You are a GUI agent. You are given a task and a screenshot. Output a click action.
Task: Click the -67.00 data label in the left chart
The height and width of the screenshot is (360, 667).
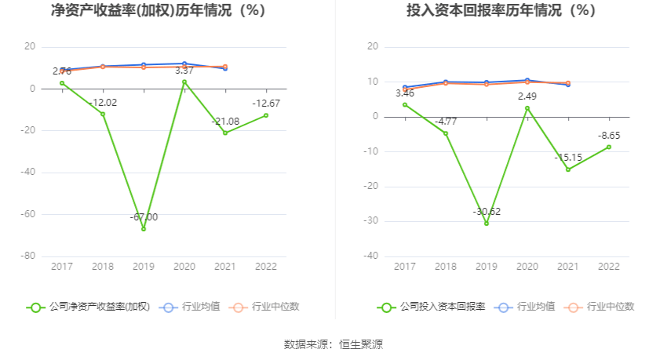pos(144,217)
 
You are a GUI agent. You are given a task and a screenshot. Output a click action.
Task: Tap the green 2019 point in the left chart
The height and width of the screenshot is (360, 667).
pos(144,228)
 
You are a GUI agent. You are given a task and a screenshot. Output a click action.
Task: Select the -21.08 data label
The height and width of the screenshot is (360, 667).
pos(225,121)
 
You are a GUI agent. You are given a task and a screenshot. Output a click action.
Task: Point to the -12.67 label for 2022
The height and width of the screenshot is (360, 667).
pos(266,104)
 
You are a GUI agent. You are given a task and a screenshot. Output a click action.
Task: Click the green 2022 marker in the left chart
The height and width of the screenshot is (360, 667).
pos(266,115)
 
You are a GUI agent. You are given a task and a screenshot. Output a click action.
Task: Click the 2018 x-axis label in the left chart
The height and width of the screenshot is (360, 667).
pos(103,267)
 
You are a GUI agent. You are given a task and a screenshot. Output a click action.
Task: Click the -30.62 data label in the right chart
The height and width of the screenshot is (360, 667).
pos(487,212)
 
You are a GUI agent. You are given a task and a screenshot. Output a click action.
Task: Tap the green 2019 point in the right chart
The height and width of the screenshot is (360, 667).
pos(487,224)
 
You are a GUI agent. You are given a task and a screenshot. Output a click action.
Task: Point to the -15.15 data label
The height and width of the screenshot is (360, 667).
pos(568,158)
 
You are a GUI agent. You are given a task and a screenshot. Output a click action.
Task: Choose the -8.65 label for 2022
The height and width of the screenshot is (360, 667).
pos(609,136)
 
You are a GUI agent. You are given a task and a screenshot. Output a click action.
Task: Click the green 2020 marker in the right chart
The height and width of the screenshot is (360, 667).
pos(527,108)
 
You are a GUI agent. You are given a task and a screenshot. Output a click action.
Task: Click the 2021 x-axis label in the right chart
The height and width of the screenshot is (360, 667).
pos(568,267)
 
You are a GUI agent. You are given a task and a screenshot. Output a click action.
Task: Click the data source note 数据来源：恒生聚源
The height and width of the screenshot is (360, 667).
pos(333,344)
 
